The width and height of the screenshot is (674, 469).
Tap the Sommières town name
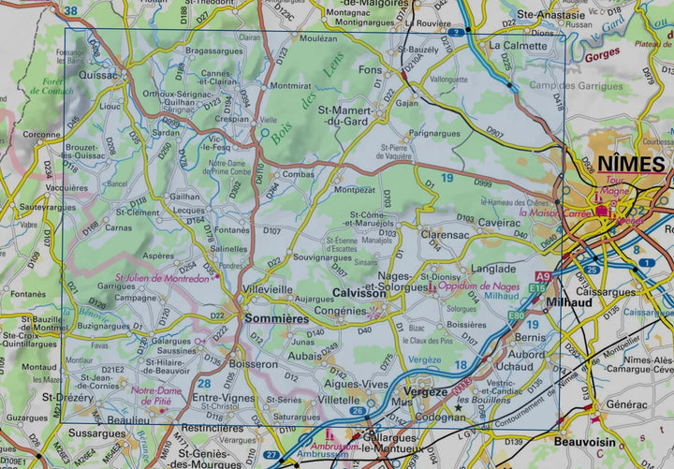point(276,319)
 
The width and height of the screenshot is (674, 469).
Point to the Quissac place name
point(99,75)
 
